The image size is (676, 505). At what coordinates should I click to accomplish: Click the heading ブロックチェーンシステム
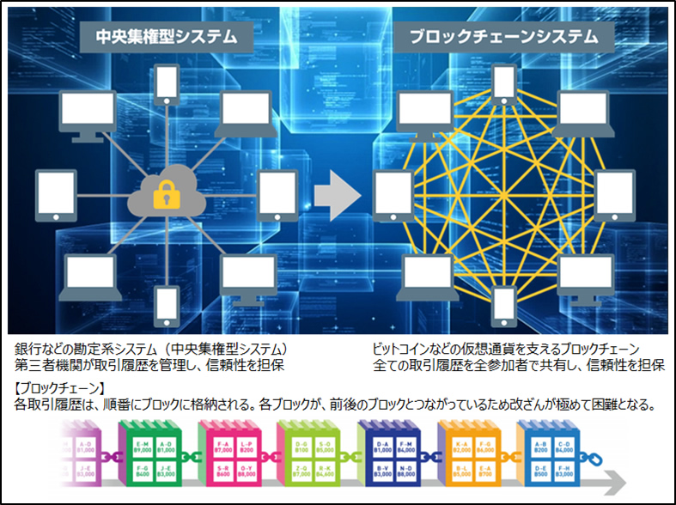[502, 36]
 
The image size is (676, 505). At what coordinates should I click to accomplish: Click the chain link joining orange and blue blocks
[508, 453]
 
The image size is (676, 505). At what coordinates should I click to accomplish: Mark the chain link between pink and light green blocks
[267, 453]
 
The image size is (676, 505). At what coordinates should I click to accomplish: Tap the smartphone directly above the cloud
[165, 105]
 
